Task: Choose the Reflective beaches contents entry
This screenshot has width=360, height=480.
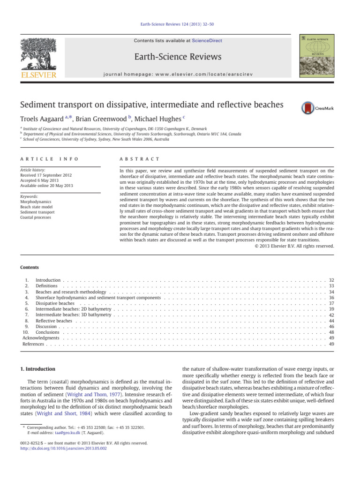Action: [54, 321]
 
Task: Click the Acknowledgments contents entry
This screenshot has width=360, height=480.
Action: [41, 338]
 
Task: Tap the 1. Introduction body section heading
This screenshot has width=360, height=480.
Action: [42, 369]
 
